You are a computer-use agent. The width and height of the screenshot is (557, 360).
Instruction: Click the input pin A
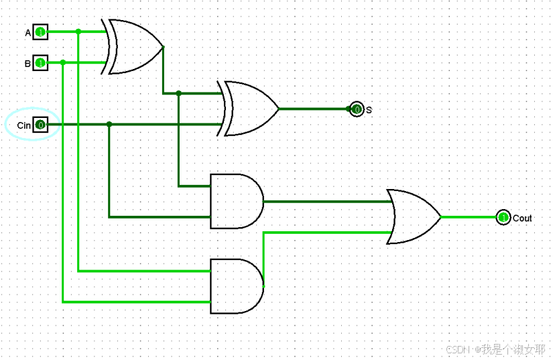tap(40, 32)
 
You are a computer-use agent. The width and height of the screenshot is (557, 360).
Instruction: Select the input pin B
tap(40, 63)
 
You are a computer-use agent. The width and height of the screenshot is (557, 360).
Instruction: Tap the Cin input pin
tap(40, 125)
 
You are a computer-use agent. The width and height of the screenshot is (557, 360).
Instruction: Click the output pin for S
tap(357, 109)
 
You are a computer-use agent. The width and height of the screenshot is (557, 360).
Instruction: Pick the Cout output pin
tap(503, 217)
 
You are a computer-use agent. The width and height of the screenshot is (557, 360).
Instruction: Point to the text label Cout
tap(522, 218)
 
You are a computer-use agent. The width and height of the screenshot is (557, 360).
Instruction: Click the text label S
tap(369, 109)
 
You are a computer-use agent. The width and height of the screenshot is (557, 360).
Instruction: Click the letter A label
tap(28, 32)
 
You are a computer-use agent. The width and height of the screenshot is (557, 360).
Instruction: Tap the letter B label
tap(28, 64)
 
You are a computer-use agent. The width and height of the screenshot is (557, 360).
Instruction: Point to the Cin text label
tap(24, 125)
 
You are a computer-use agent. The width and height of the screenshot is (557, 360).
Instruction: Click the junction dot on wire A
tap(78, 32)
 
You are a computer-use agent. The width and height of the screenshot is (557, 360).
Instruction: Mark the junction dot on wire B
tap(62, 62)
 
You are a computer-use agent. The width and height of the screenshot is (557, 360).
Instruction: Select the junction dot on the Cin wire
tap(109, 124)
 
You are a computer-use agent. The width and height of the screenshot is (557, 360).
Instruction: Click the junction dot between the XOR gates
tap(178, 93)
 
